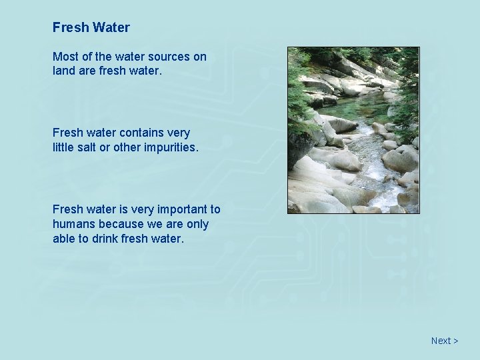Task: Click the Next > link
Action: (444, 341)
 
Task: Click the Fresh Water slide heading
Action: (91, 28)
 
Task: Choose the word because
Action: (123, 224)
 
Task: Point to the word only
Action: (197, 224)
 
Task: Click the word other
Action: (127, 146)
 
